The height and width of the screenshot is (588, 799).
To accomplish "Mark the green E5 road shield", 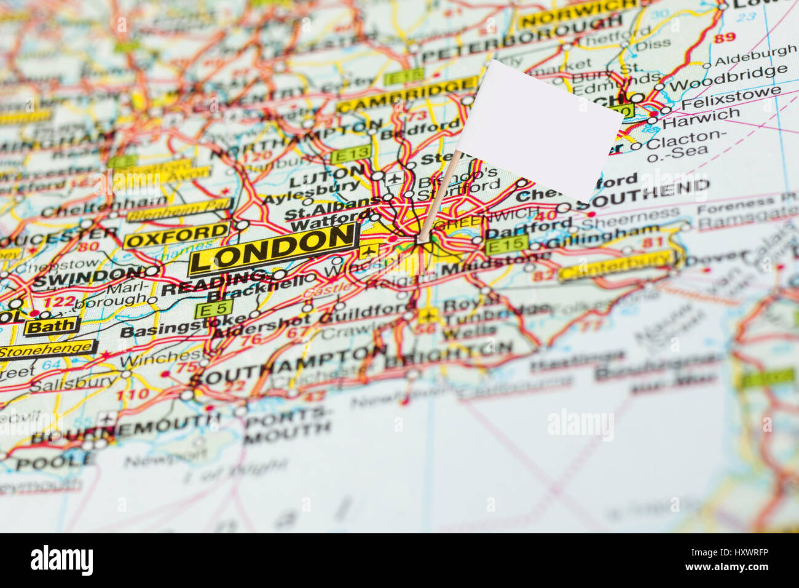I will pos(213,309).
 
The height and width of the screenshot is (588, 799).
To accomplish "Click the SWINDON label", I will pos(89,276).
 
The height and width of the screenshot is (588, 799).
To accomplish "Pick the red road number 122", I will pos(60,302).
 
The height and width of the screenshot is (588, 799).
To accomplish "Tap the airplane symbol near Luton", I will pos(393,178).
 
